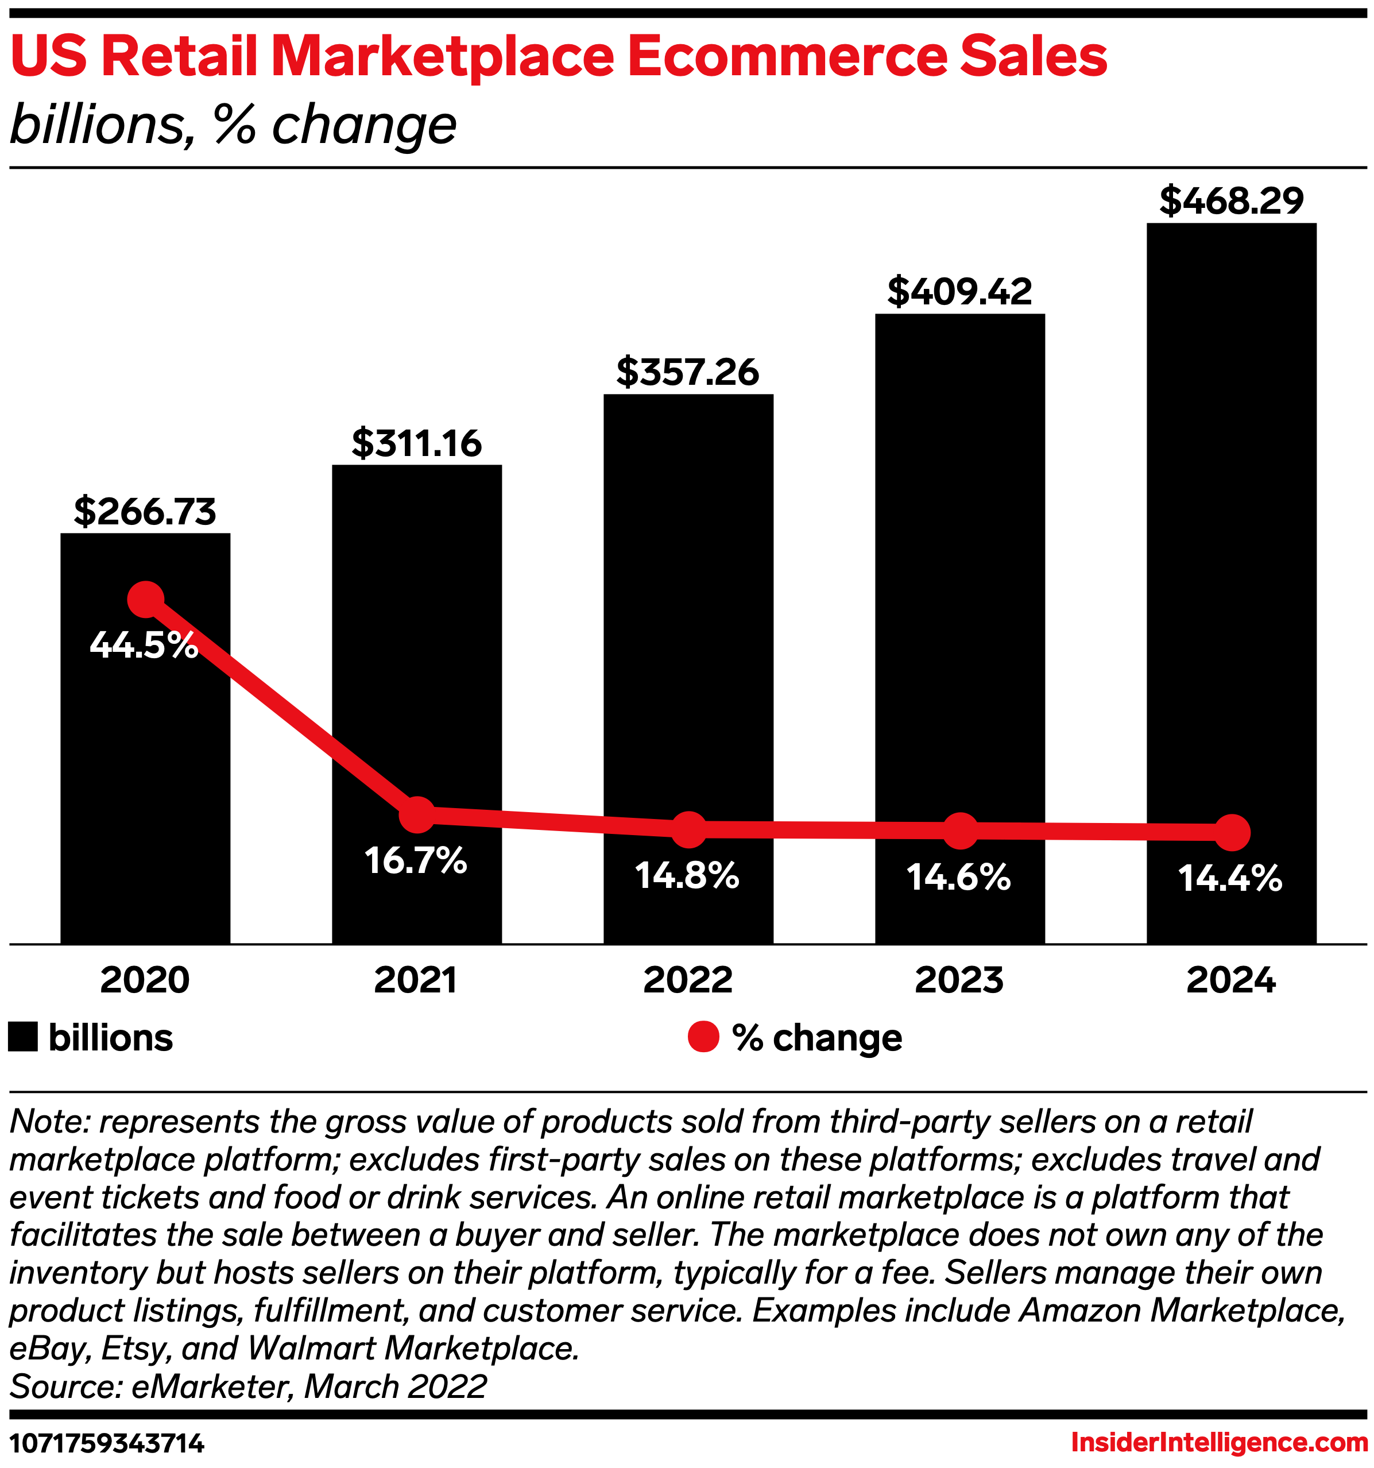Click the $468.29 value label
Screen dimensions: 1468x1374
tap(1231, 201)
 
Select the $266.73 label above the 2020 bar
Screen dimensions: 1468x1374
tap(145, 512)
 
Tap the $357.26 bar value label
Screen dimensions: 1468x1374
tap(687, 372)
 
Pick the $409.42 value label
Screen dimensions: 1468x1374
tap(959, 291)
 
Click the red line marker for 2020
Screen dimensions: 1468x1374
tap(145, 599)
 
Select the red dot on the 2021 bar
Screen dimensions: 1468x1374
tap(417, 814)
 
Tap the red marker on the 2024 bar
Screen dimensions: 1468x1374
tap(1232, 832)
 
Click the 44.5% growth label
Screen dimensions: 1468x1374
tap(144, 646)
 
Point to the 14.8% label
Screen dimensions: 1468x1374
tap(687, 876)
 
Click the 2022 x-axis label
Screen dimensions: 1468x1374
tap(687, 980)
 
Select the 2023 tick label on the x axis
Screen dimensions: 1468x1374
tap(959, 980)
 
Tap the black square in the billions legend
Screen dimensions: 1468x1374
tap(23, 1037)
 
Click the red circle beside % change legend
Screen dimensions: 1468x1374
tap(703, 1037)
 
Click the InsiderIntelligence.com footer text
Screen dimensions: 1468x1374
tap(1219, 1442)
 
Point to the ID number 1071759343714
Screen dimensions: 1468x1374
tap(106, 1443)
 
